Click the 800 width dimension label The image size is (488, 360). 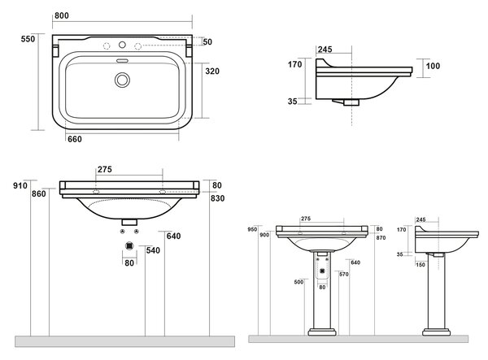[62, 15]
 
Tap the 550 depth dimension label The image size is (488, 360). [28, 39]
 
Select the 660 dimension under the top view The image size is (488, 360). [75, 139]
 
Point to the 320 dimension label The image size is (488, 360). [212, 72]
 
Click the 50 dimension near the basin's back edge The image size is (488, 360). [207, 41]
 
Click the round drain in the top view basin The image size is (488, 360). [122, 80]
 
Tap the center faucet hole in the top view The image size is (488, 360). [122, 45]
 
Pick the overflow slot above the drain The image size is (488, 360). [122, 61]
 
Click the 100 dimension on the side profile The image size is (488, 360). [433, 66]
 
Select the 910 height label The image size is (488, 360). [20, 185]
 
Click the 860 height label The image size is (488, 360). [39, 193]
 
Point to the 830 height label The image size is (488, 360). [217, 198]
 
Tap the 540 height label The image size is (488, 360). [153, 250]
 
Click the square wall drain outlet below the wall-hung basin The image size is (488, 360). [129, 246]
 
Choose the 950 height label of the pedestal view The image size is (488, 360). [252, 229]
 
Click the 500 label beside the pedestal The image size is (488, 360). [298, 282]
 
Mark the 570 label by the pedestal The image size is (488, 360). [343, 274]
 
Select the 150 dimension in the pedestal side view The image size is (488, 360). [420, 265]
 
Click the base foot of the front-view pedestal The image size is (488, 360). [322, 332]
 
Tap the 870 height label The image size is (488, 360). [381, 238]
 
